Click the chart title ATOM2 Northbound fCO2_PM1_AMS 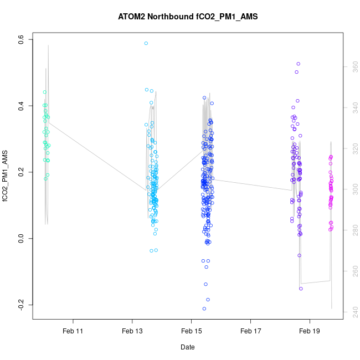[188, 17]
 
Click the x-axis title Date [187, 347]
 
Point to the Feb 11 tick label [73, 331]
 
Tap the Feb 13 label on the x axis [132, 331]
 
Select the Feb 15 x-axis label [191, 331]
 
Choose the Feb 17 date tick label [250, 331]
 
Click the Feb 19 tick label [310, 331]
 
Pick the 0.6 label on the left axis [20, 39]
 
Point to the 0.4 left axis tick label [20, 106]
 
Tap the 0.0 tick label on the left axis [20, 239]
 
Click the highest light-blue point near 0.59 [146, 43]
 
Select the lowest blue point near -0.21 [204, 308]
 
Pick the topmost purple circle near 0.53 [298, 64]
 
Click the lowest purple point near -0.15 [301, 289]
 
